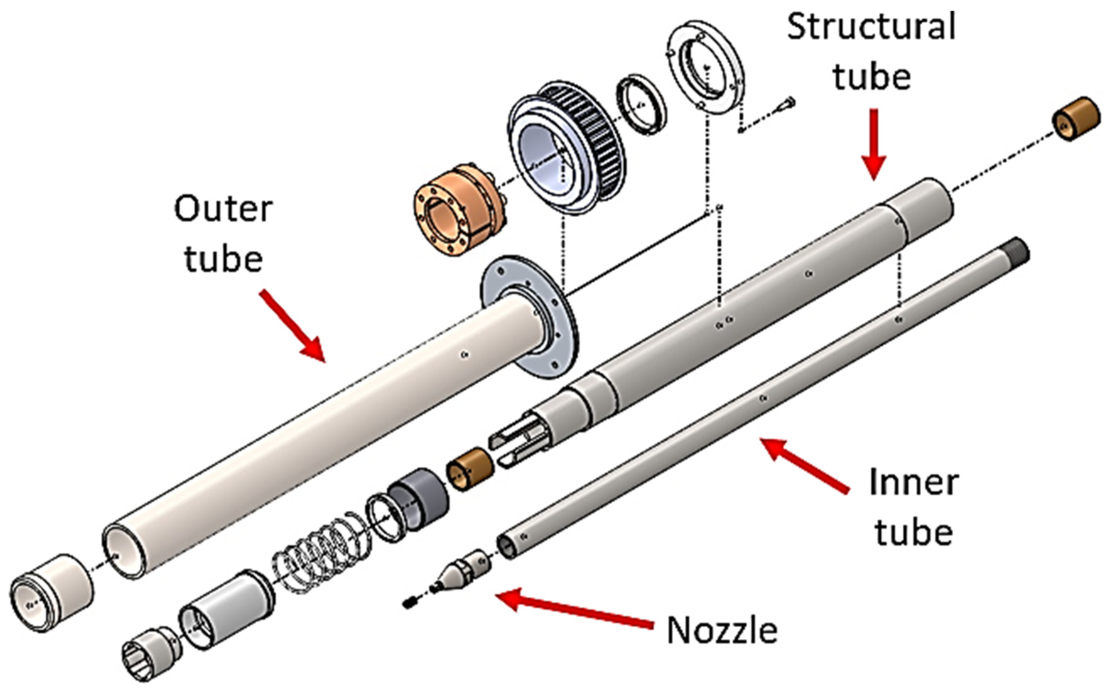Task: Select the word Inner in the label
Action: click(913, 483)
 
